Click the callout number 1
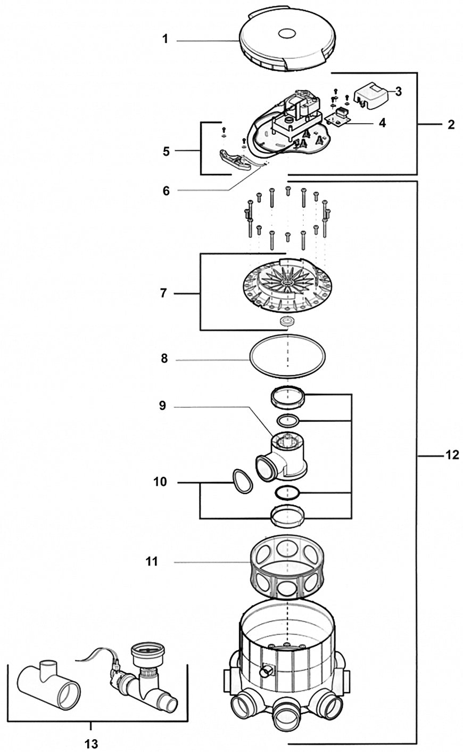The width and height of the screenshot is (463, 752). pyautogui.click(x=165, y=39)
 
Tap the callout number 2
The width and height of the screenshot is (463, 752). pyautogui.click(x=451, y=125)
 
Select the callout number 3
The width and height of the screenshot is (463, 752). pyautogui.click(x=398, y=91)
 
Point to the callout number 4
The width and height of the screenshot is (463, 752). pyautogui.click(x=382, y=123)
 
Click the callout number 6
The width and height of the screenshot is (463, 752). pyautogui.click(x=166, y=191)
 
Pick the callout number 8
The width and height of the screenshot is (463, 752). pyautogui.click(x=164, y=359)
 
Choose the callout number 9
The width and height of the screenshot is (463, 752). pyautogui.click(x=162, y=406)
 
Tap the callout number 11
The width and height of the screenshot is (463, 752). pyautogui.click(x=152, y=561)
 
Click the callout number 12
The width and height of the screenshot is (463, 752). pyautogui.click(x=451, y=455)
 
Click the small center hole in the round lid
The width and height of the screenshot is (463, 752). pyautogui.click(x=287, y=34)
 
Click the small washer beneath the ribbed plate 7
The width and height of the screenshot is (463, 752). pyautogui.click(x=287, y=322)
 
